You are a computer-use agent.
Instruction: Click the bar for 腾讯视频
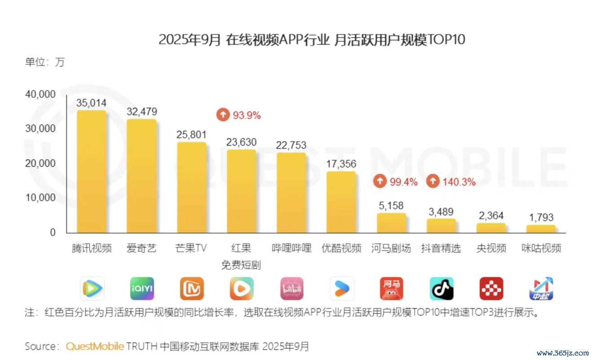[x=92, y=171]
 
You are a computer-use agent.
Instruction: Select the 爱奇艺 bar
[x=141, y=176]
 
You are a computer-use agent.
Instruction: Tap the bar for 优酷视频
[x=341, y=202]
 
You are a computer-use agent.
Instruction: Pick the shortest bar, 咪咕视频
[x=541, y=228]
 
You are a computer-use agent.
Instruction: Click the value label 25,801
[x=191, y=134]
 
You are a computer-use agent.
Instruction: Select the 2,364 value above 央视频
[x=491, y=215]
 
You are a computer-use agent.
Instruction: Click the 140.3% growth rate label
[x=459, y=182]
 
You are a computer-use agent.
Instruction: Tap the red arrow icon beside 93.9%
[x=223, y=115]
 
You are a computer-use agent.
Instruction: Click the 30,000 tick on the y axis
[x=40, y=129]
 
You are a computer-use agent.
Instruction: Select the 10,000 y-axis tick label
[x=40, y=198]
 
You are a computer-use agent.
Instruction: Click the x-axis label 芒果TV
[x=191, y=248]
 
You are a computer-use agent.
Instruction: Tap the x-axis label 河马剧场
[x=391, y=248]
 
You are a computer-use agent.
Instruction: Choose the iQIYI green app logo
[x=142, y=289]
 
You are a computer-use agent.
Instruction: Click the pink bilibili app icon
[x=292, y=289]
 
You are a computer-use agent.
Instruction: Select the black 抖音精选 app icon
[x=442, y=289]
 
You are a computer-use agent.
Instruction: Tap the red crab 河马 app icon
[x=392, y=289]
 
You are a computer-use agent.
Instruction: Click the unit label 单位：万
[x=45, y=62]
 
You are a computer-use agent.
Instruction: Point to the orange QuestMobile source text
[x=95, y=347]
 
